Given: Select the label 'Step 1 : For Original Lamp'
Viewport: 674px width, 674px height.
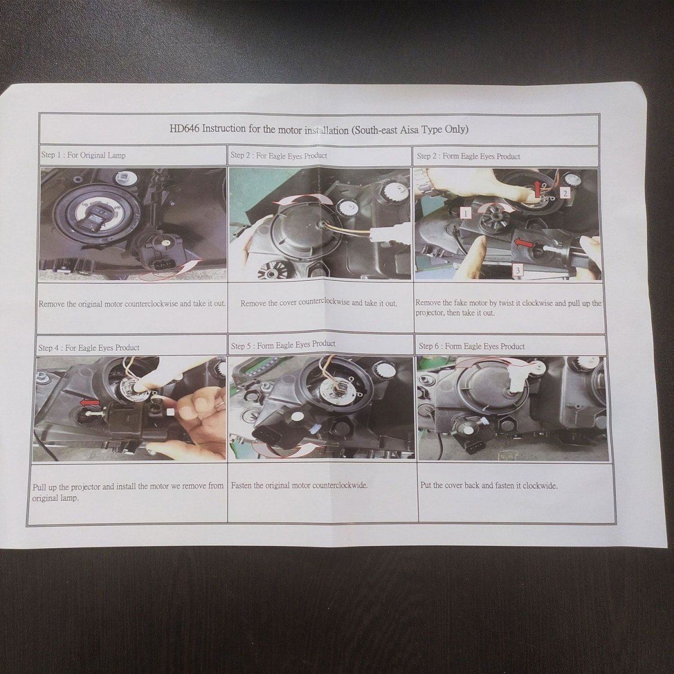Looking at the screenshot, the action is [x=83, y=155].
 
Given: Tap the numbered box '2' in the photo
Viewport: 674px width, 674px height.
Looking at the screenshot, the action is [x=565, y=193].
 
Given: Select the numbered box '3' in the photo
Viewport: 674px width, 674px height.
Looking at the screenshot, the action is [x=518, y=270].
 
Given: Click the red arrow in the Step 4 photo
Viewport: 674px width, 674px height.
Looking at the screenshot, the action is [x=89, y=403].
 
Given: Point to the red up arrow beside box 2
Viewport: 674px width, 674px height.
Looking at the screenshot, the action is [x=538, y=190].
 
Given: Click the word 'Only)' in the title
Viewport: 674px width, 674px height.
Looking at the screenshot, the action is [x=456, y=130].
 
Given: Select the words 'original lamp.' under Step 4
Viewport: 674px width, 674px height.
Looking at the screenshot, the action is [x=55, y=498].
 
